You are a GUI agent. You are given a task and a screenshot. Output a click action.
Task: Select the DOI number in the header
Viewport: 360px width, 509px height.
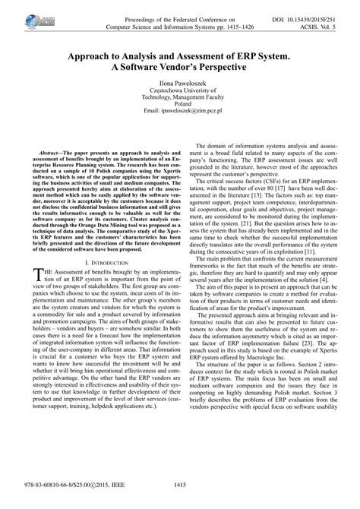click(313, 6)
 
